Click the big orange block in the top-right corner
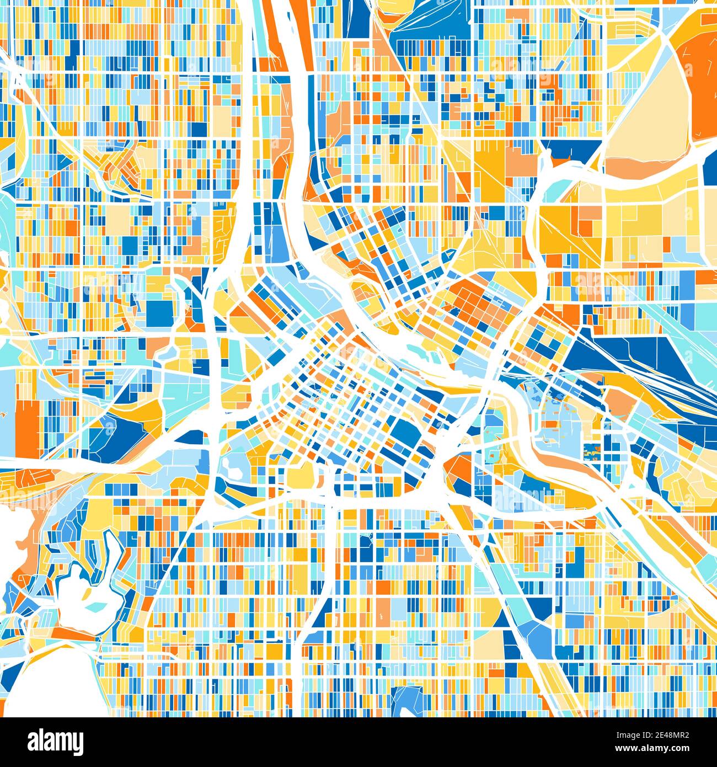(x=700, y=83)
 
